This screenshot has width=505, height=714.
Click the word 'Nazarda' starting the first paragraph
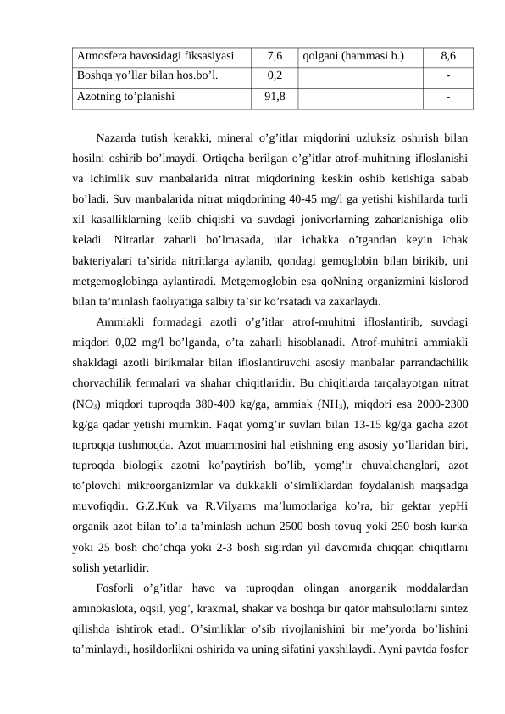119,138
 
